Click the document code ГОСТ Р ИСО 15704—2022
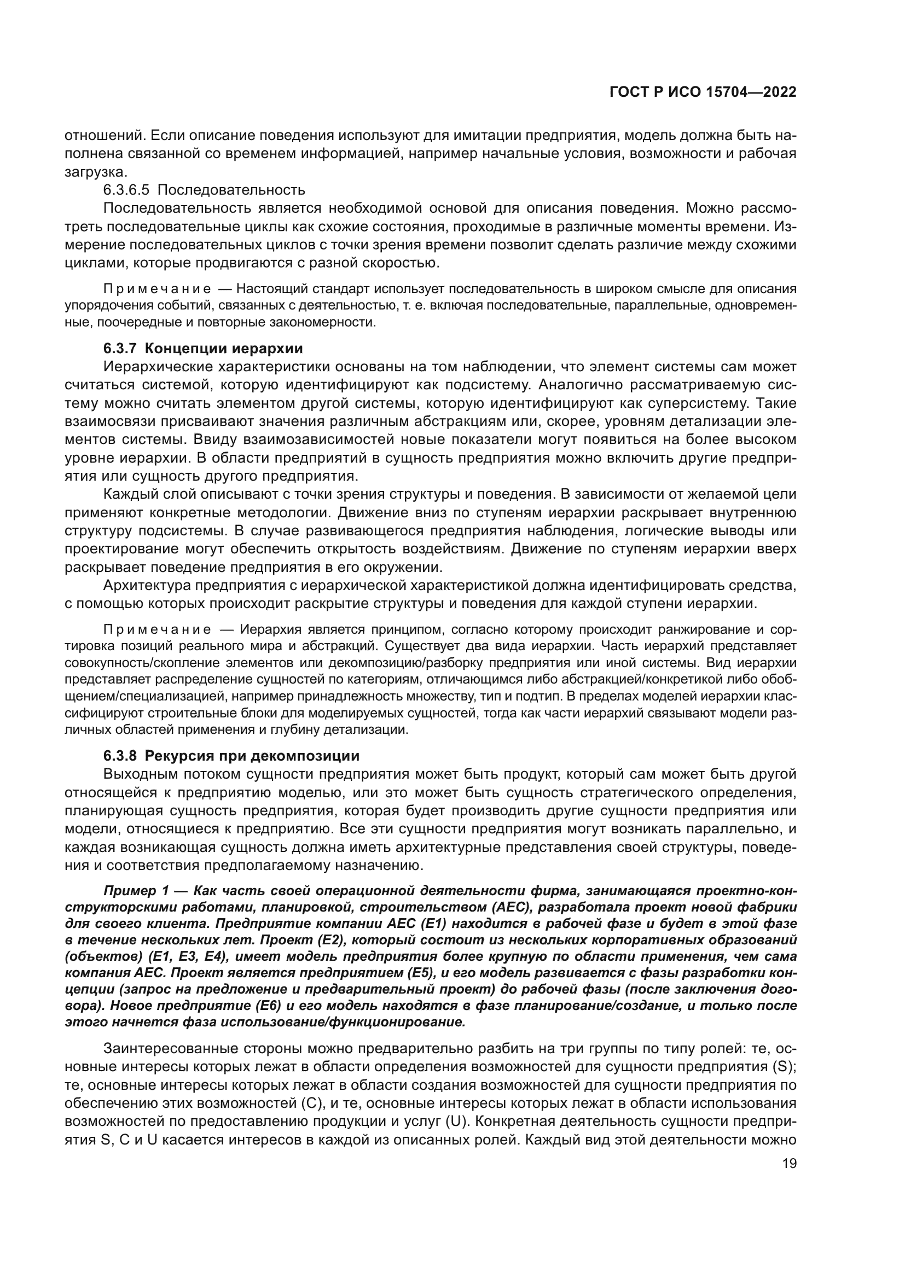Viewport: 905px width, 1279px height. coord(703,92)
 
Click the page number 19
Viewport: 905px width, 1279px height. coord(789,1164)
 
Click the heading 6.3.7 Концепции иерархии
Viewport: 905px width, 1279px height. coord(203,349)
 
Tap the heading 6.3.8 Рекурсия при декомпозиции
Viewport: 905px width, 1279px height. coord(231,756)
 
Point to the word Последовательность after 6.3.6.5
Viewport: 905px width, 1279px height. coord(231,190)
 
